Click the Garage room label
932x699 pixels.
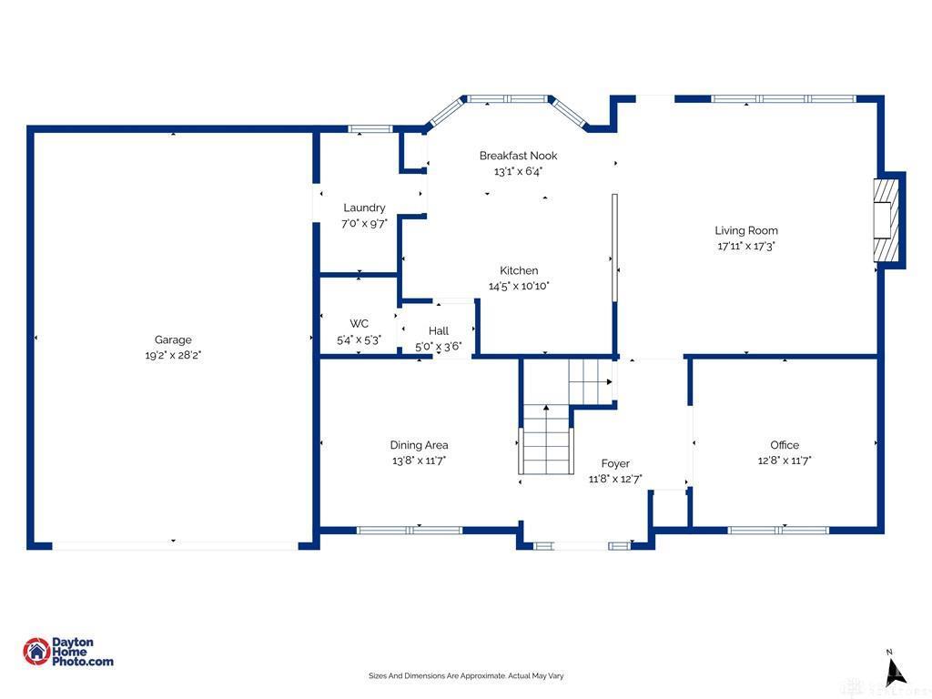(x=173, y=339)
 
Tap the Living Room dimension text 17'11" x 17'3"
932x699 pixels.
(x=746, y=246)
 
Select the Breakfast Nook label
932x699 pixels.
(x=518, y=156)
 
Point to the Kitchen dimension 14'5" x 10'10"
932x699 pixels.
(x=519, y=286)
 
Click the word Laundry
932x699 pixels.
(x=364, y=208)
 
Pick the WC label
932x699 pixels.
(x=359, y=323)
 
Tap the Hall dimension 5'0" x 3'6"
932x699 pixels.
(x=439, y=347)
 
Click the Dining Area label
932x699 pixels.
(x=419, y=444)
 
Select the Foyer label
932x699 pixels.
(x=615, y=463)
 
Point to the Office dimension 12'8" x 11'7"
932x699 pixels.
(x=785, y=460)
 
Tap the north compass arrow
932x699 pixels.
(x=896, y=673)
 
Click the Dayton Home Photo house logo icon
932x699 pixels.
(x=36, y=652)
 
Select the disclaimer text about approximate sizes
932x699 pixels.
(x=466, y=676)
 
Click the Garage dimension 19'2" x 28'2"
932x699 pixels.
(x=173, y=356)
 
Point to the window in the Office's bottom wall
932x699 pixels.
(x=778, y=531)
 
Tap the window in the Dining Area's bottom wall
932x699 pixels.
(x=410, y=531)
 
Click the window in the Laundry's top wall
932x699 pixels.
(x=370, y=129)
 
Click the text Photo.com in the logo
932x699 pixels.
(x=83, y=662)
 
